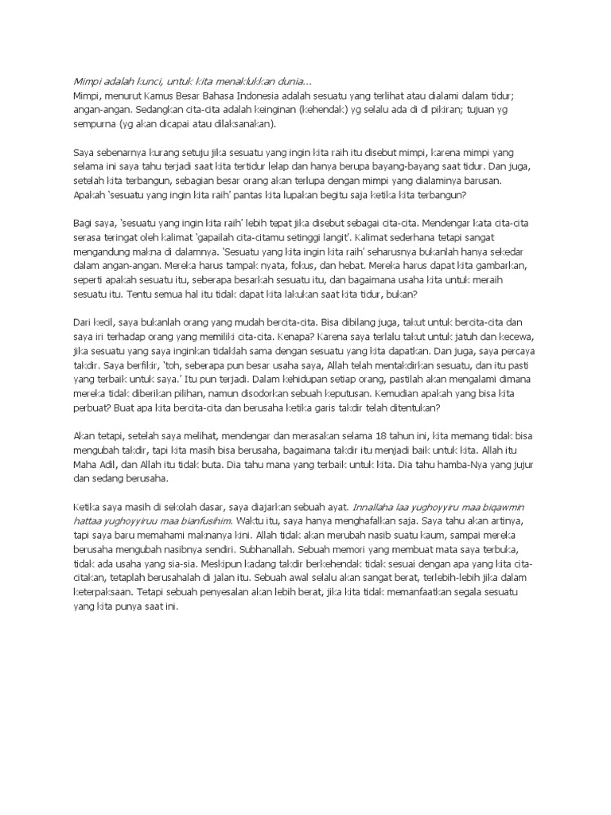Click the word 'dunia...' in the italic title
pos(290,82)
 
